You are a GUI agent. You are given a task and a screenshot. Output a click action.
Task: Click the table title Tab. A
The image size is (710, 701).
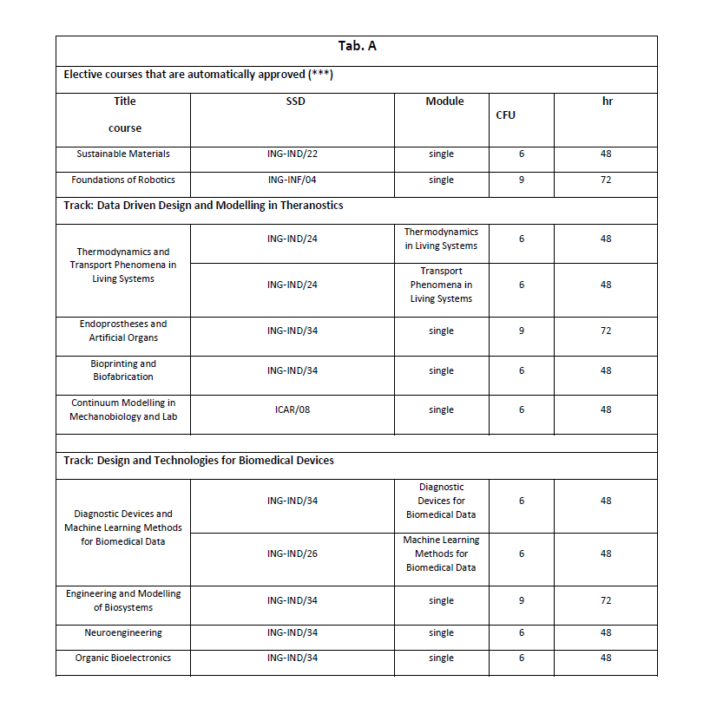pos(356,46)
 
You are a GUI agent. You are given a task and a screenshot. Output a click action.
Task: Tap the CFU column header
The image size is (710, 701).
pos(505,115)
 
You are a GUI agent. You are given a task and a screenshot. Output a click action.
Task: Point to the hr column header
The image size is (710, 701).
pos(607,102)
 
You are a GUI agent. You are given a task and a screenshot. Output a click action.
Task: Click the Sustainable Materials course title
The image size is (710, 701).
pos(122,154)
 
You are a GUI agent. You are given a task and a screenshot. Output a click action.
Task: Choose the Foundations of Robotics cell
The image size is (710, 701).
pos(123,180)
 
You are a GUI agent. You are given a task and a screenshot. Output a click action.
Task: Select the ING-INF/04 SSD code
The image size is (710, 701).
pos(292,180)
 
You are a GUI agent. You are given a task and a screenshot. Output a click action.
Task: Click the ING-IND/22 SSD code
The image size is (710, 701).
pos(292,154)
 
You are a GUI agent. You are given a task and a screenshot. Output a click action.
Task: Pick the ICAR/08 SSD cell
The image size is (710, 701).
pos(292,409)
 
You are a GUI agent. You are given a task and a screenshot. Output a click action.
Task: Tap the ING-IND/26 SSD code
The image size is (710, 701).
pos(292,554)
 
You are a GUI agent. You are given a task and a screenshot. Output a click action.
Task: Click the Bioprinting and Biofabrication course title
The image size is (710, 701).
pos(123,370)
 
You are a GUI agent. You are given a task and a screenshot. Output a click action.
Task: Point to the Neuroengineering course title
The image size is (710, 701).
pos(123,633)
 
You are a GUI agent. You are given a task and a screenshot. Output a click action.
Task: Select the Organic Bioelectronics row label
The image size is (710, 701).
pos(123,658)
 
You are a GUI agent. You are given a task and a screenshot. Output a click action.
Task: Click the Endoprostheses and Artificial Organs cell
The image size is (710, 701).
pos(123,331)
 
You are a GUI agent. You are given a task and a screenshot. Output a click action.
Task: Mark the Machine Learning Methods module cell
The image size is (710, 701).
pos(441,554)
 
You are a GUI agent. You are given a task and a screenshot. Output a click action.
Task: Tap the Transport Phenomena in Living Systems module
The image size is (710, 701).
pos(441,285)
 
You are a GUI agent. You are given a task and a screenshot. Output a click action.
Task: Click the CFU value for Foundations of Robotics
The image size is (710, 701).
pos(521,180)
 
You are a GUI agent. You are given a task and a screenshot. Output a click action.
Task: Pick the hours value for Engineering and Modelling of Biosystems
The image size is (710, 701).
pos(606,600)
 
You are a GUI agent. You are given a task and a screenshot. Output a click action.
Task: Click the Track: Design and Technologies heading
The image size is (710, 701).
pos(199,461)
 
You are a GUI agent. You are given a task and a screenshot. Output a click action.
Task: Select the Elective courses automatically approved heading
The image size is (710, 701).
pos(199,75)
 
